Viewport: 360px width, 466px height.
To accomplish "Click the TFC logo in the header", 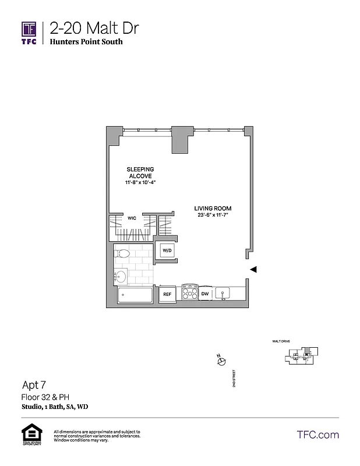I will (29, 34).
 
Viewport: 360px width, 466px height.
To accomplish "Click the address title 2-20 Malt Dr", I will (94, 28).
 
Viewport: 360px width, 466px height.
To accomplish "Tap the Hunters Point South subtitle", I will (86, 42).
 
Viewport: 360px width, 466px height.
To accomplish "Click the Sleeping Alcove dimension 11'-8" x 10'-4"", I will (141, 182).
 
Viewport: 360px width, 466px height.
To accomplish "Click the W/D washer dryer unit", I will (167, 250).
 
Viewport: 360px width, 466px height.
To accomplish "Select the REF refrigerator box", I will (167, 295).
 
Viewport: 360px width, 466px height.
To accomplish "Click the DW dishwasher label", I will (205, 294).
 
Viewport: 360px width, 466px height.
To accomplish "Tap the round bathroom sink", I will (121, 276).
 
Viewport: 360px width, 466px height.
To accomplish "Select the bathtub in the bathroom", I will (136, 295).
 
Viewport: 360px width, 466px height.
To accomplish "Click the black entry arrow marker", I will (253, 269).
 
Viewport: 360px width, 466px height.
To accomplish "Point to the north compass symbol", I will (221, 361).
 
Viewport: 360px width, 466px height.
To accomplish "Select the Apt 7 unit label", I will (34, 384).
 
